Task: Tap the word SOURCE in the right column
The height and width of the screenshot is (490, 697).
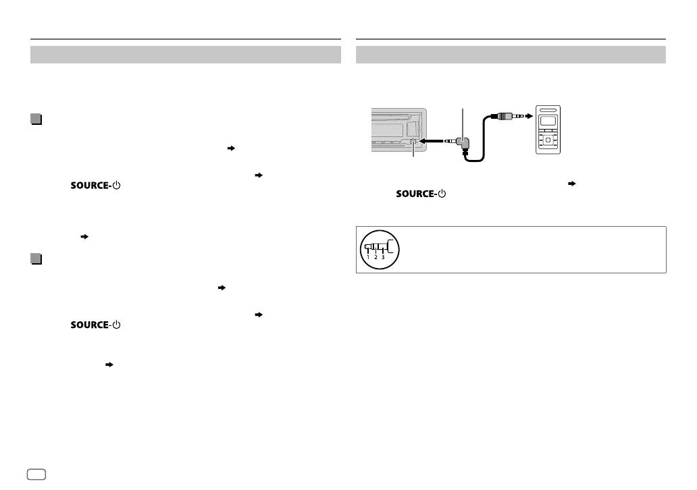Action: tap(415, 194)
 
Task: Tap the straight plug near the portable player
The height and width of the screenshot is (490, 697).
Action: tap(507, 116)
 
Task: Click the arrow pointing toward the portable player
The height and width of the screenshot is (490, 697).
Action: tap(526, 116)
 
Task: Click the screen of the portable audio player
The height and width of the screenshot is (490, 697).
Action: tap(548, 122)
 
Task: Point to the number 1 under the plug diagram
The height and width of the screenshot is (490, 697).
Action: tap(368, 257)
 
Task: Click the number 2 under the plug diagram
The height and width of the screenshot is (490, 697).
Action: tap(376, 257)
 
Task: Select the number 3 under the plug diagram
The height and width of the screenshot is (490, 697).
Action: tap(383, 257)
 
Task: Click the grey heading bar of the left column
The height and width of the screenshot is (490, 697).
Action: tap(185, 55)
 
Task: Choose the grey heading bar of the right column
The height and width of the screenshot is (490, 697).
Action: tap(511, 55)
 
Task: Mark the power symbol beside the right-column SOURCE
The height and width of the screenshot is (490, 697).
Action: tap(442, 194)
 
